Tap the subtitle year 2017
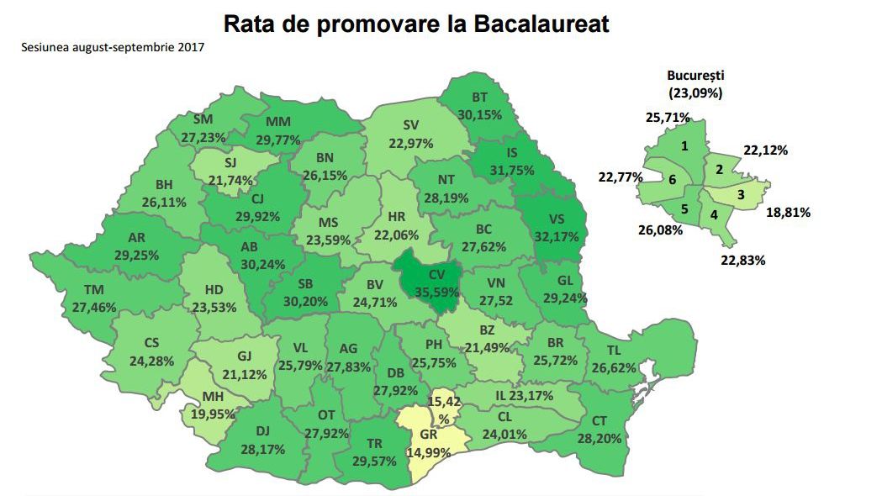click(191, 47)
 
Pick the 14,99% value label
click(429, 452)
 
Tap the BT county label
click(480, 98)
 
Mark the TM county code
click(94, 290)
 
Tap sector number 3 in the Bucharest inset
click(740, 195)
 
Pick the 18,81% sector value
click(788, 213)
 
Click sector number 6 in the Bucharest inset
click(673, 178)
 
